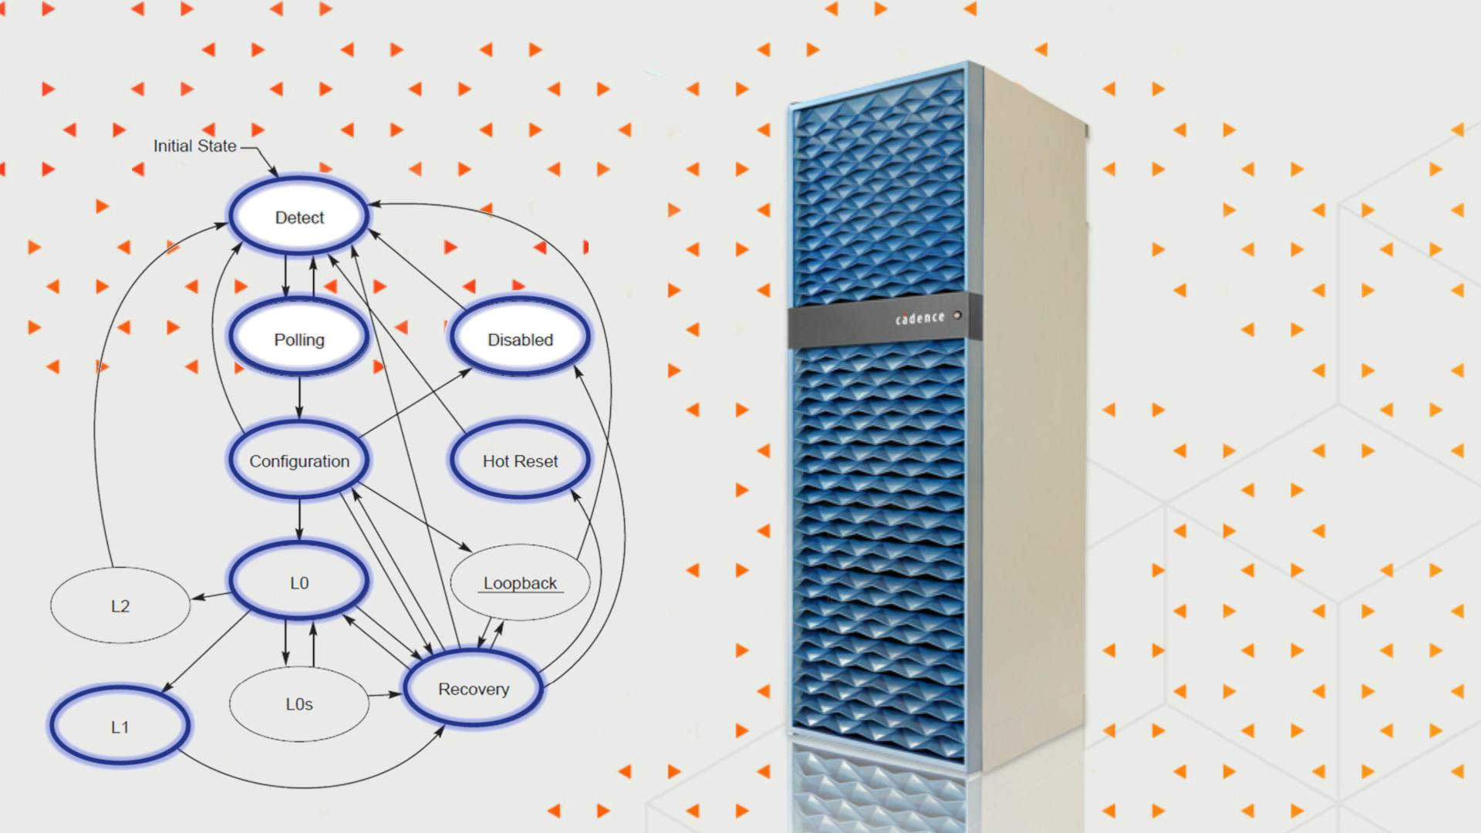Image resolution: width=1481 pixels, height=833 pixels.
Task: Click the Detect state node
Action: click(299, 218)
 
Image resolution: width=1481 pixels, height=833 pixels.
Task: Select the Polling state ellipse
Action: click(299, 339)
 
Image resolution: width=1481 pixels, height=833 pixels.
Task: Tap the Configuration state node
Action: click(299, 460)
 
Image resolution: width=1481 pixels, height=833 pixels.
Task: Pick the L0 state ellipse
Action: click(299, 582)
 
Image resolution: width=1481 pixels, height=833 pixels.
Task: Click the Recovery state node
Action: click(474, 689)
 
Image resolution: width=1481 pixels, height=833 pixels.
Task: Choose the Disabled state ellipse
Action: click(521, 339)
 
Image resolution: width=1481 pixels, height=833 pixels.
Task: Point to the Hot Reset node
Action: click(521, 460)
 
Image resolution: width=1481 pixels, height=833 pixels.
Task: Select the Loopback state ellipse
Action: click(521, 582)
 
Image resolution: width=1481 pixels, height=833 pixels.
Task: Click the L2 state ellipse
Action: click(120, 605)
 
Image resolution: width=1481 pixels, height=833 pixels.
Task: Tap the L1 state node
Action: click(120, 727)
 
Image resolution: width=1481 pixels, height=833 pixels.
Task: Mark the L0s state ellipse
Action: click(299, 703)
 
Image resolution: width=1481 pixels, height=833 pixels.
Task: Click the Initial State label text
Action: click(194, 146)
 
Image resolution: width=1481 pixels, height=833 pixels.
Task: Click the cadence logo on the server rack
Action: click(919, 318)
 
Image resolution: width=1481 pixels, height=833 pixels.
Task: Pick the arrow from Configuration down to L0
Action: click(299, 519)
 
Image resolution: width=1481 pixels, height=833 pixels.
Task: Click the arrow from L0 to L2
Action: click(211, 595)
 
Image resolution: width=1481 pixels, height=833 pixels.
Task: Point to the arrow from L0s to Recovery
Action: click(384, 695)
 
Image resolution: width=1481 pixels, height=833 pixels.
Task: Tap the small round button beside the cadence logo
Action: click(957, 315)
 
